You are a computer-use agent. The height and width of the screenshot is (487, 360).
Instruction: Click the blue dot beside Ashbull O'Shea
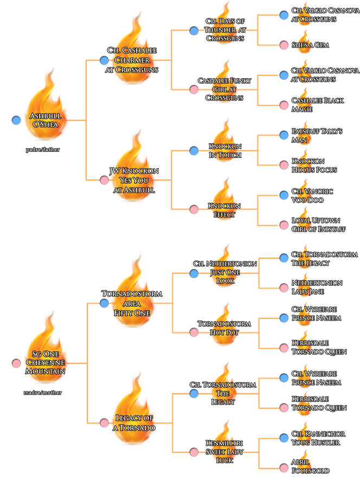tap(16, 120)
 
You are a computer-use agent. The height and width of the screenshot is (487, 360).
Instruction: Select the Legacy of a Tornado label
tap(134, 422)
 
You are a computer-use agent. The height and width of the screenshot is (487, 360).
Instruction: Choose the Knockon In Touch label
tap(224, 151)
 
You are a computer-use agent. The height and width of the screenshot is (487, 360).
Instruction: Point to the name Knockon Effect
tap(224, 210)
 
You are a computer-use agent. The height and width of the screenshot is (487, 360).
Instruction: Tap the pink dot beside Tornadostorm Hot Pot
tap(194, 332)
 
